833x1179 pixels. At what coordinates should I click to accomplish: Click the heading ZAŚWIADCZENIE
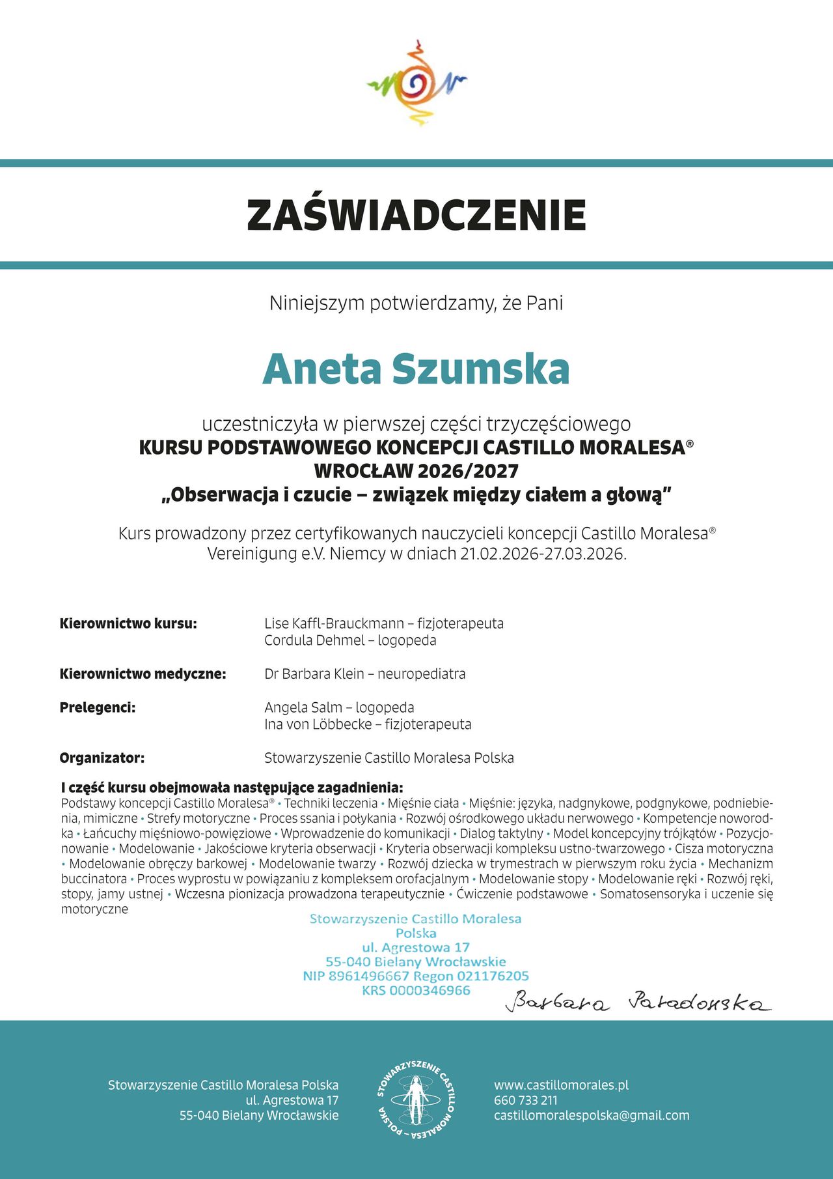coord(416,215)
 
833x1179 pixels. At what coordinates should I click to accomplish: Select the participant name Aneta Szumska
coord(416,369)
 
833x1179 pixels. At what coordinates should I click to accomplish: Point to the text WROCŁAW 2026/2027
coord(416,471)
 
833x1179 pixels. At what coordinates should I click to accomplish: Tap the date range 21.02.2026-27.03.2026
coord(543,554)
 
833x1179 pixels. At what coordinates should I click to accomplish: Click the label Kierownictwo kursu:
coord(128,623)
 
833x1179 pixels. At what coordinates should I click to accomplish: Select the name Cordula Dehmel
coord(314,640)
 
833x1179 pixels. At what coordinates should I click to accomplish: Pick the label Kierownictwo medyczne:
coord(143,674)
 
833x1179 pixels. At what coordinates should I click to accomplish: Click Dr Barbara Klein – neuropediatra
coord(364,674)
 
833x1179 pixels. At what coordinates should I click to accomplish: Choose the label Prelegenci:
coord(98,707)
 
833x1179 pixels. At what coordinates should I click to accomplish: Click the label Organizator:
coord(102,758)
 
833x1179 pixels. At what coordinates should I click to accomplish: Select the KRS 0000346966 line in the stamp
coord(416,990)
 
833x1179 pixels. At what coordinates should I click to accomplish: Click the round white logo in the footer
coord(416,1100)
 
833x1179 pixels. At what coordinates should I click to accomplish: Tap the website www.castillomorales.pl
coord(561,1085)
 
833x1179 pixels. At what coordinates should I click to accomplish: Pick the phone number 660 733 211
coord(526,1100)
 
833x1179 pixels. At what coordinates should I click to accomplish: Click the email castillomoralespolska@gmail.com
coord(592,1115)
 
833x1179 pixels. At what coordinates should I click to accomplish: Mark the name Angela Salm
coord(303,707)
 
